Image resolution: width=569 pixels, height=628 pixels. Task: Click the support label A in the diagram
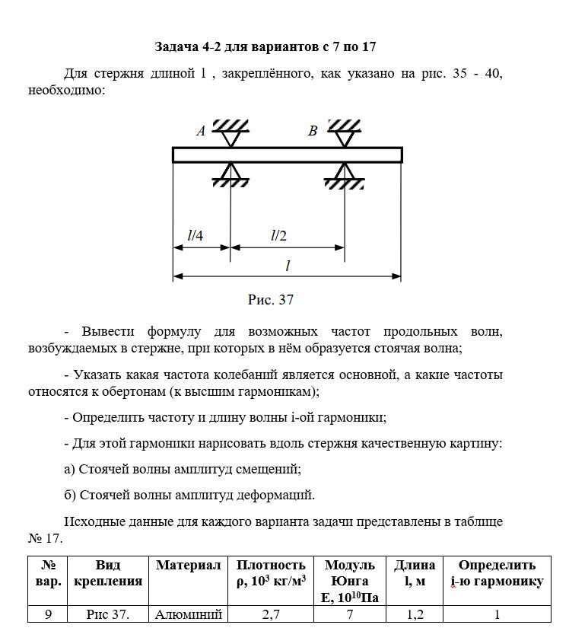tap(201, 131)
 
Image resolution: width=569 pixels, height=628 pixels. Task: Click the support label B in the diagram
tap(312, 131)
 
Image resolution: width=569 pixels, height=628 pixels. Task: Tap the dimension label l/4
tap(195, 235)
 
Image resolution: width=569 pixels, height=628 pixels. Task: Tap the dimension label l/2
tap(278, 235)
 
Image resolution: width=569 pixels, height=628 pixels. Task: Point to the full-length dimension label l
tap(288, 266)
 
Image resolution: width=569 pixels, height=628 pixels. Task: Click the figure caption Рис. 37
tap(271, 299)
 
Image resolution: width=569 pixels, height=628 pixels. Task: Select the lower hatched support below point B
tap(344, 181)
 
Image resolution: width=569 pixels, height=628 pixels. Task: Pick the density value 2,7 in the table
tap(271, 615)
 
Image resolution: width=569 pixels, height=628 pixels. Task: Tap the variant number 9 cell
tap(48, 615)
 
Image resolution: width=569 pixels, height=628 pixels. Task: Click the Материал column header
tap(188, 566)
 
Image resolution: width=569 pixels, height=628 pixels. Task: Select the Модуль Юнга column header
tap(350, 581)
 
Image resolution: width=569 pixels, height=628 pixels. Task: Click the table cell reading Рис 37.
tap(108, 615)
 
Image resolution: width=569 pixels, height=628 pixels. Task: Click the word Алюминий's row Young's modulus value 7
tap(350, 615)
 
